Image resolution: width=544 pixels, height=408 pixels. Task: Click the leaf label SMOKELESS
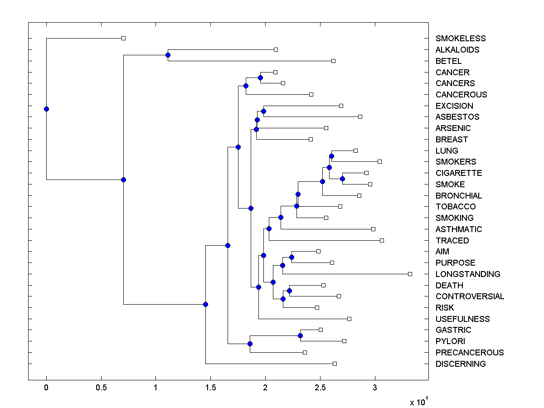(x=460, y=39)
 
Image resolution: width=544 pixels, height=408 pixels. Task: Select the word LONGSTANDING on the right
(x=468, y=274)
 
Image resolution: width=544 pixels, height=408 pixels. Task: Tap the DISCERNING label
(x=461, y=364)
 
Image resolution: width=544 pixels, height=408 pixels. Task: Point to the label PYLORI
(x=450, y=341)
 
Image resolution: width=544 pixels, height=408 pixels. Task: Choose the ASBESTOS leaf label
(x=457, y=117)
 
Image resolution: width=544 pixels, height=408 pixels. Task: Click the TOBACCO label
(x=456, y=207)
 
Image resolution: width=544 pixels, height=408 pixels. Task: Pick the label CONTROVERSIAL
(x=470, y=296)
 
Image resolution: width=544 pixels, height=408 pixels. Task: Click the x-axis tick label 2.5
(x=320, y=388)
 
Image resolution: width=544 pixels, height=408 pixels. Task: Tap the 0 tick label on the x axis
(x=46, y=388)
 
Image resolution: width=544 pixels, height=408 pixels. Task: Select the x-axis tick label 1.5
(x=210, y=388)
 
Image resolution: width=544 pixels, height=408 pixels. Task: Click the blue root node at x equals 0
(x=46, y=109)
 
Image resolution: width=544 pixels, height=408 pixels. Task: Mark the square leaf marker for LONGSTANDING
(x=410, y=274)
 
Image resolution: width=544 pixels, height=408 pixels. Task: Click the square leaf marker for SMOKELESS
(x=123, y=38)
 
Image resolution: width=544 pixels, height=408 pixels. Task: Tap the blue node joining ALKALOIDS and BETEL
(x=168, y=55)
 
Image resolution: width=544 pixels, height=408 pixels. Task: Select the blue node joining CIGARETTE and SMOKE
(x=342, y=179)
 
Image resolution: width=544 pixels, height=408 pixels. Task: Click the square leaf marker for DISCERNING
(x=335, y=364)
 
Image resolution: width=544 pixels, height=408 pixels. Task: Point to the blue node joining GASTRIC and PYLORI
(x=300, y=335)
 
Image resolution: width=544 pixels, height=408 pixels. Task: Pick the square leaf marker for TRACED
(x=382, y=240)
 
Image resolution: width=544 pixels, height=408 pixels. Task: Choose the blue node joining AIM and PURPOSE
(x=291, y=257)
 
